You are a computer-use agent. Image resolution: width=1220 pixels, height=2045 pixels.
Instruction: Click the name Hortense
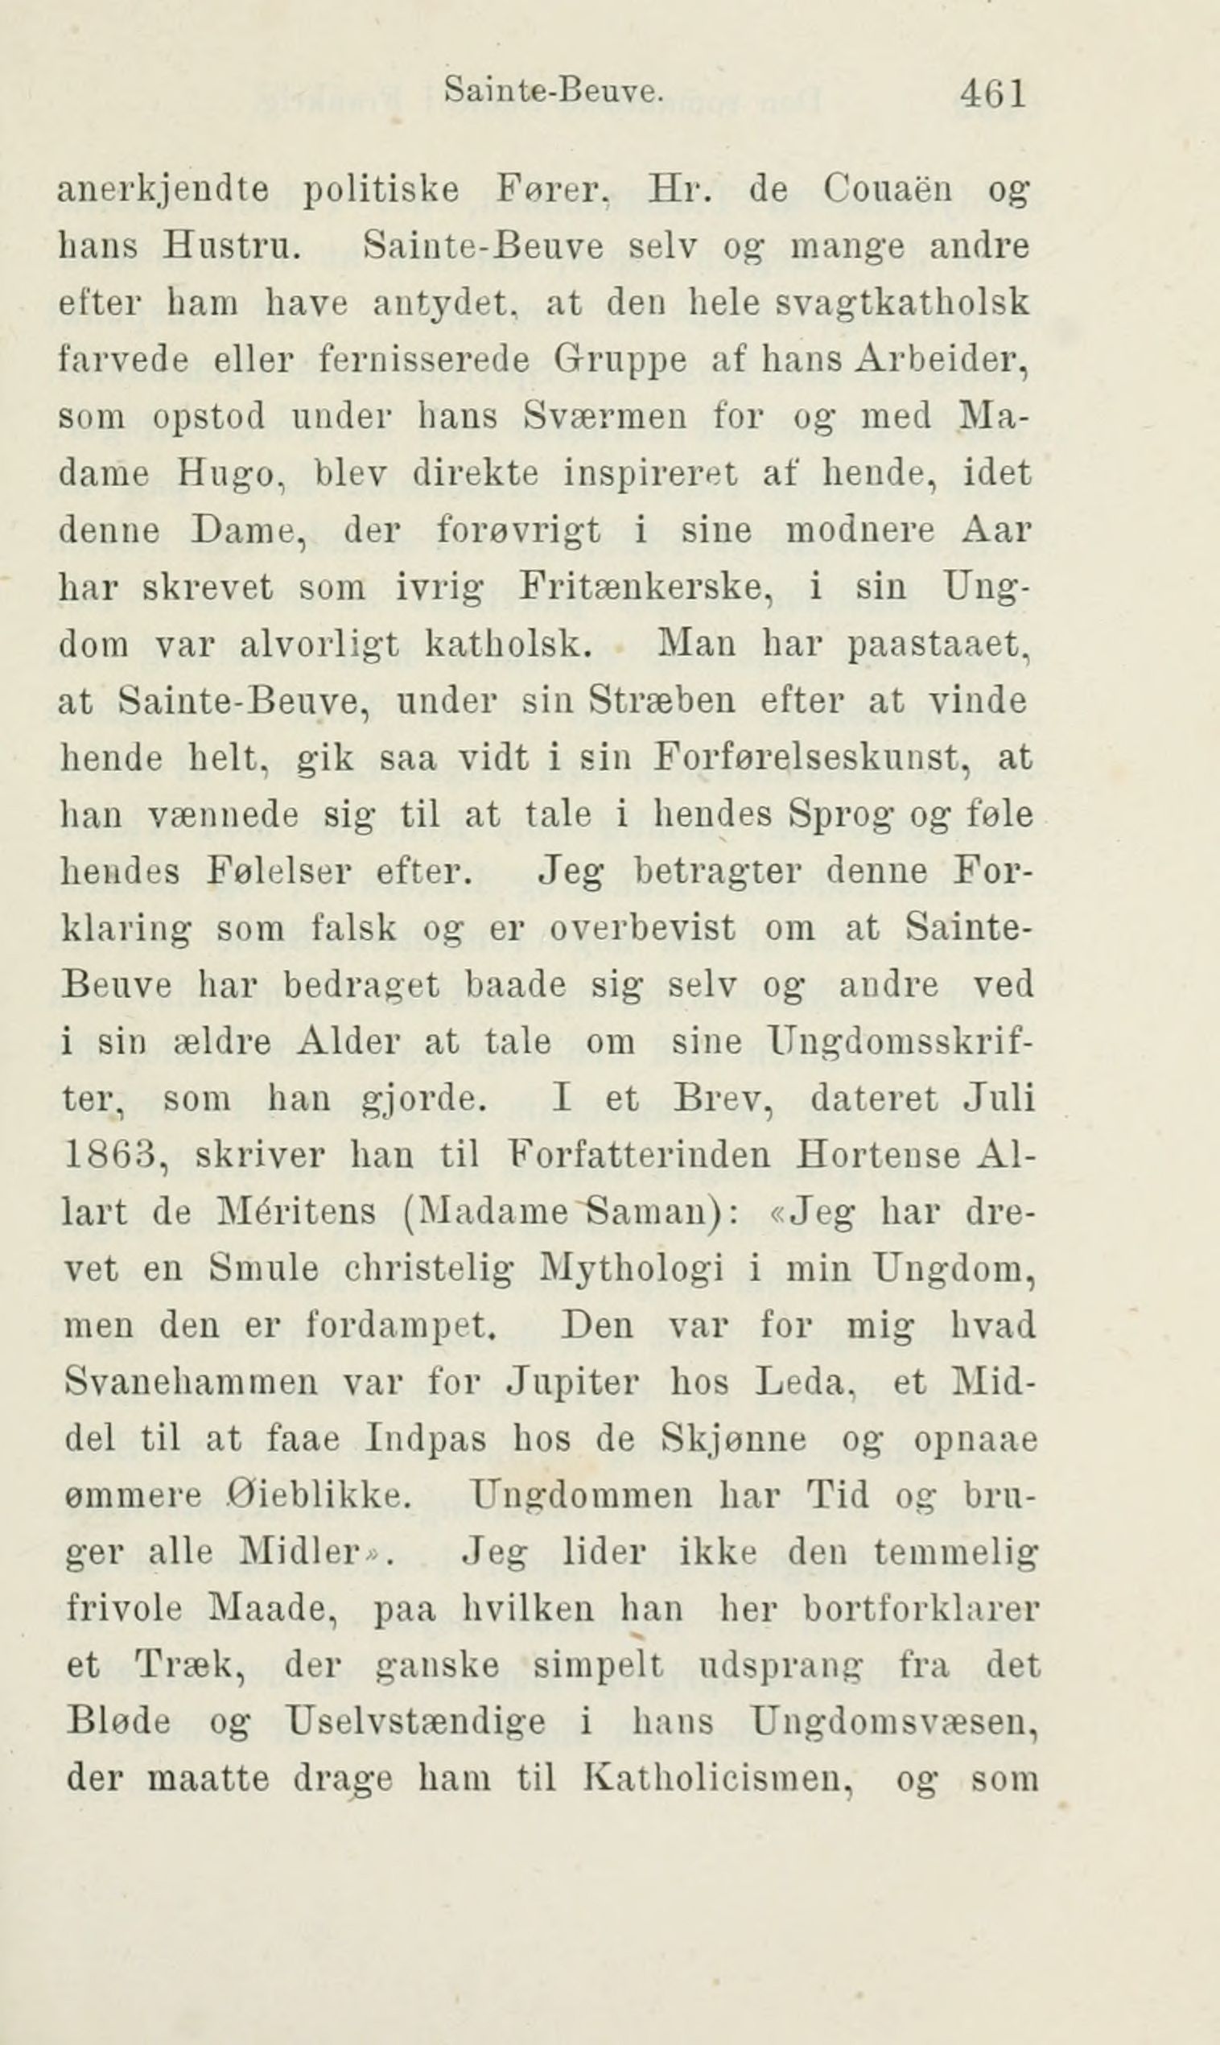(x=878, y=1156)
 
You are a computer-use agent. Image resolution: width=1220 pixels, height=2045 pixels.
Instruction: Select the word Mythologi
(x=632, y=1269)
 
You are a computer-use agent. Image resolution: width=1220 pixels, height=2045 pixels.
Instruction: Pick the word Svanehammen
(x=191, y=1383)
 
